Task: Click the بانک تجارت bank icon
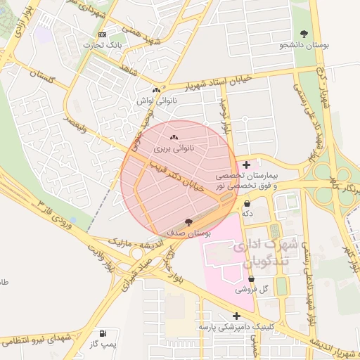[103, 35]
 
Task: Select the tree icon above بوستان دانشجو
[304, 34]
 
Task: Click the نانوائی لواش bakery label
[155, 101]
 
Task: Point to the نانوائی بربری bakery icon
[174, 138]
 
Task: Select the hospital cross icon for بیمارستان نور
[245, 164]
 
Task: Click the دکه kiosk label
[247, 213]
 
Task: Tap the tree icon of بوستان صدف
[187, 221]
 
